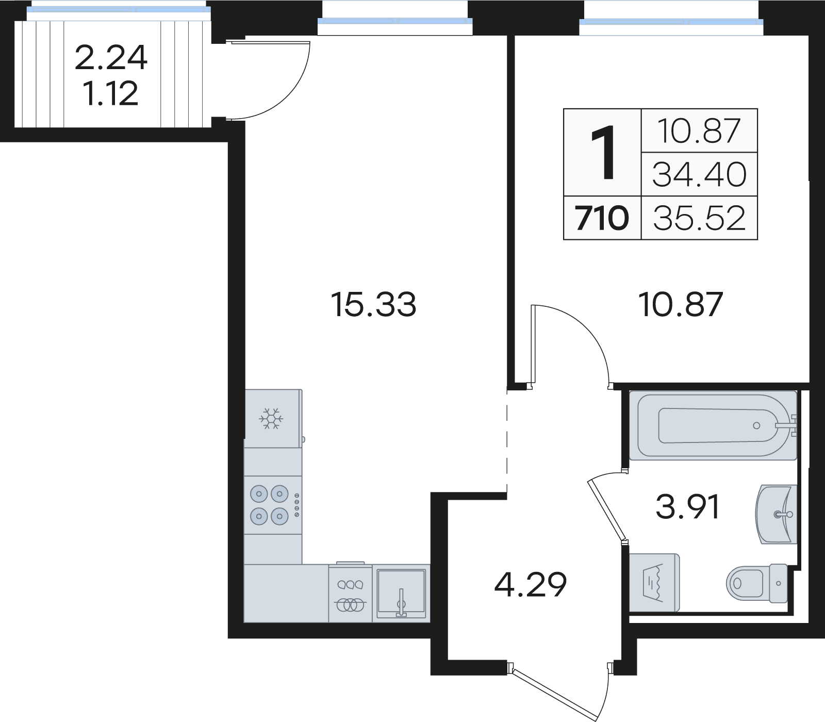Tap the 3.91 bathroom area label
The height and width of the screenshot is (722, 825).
(x=687, y=507)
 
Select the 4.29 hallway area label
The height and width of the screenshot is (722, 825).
(x=531, y=584)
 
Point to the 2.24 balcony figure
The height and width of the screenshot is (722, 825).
(x=111, y=57)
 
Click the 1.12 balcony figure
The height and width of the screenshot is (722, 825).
(x=111, y=93)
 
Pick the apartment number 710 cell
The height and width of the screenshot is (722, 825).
(x=602, y=218)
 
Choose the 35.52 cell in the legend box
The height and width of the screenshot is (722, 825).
(x=699, y=218)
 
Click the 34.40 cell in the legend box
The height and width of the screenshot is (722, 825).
(x=699, y=174)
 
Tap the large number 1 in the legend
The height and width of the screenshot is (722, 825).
(x=602, y=153)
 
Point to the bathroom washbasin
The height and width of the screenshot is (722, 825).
(x=777, y=514)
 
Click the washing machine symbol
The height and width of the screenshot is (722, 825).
(x=654, y=583)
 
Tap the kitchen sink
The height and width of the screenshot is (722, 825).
(x=401, y=593)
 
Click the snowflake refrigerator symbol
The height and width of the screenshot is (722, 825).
(x=271, y=418)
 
